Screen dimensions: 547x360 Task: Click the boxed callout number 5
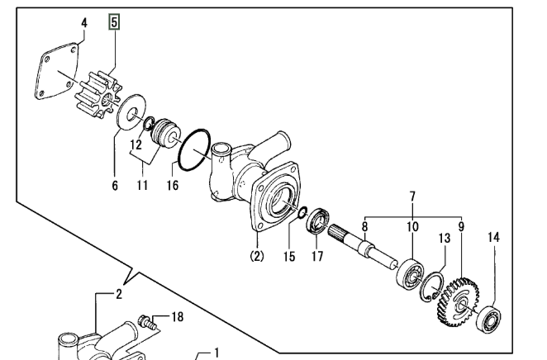tap(114, 22)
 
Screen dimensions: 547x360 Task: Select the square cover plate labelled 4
tap(57, 71)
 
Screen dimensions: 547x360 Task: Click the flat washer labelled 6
tap(131, 111)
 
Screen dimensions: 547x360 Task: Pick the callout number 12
tap(136, 144)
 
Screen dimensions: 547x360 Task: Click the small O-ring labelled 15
tap(302, 212)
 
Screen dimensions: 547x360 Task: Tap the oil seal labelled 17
tap(318, 220)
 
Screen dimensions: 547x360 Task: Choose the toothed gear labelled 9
tap(457, 302)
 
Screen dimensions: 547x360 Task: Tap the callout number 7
tap(412, 197)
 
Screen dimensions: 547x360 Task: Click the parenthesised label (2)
tap(257, 257)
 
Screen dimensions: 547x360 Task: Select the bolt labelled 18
tap(147, 322)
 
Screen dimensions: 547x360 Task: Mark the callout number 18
tap(177, 317)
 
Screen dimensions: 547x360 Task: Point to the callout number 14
tap(493, 237)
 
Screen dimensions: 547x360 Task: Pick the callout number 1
tap(216, 353)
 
